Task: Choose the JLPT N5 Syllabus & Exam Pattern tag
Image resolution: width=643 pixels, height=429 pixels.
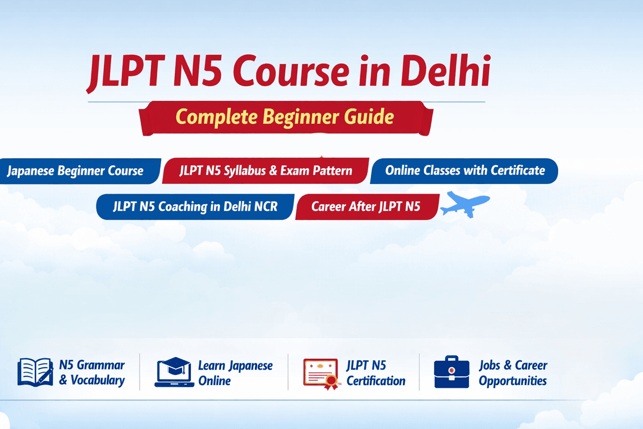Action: (x=266, y=171)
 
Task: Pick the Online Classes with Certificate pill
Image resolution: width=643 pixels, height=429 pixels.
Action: (x=465, y=171)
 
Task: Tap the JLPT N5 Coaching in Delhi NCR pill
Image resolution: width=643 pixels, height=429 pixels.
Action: (x=196, y=206)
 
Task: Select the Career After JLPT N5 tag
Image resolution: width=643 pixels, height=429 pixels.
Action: (x=367, y=206)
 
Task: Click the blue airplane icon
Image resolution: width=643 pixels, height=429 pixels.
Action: (x=464, y=204)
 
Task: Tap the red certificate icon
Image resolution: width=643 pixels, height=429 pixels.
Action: (x=321, y=373)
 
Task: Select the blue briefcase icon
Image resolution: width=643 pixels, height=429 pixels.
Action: (x=452, y=372)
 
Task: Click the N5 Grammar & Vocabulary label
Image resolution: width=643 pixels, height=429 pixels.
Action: (x=92, y=373)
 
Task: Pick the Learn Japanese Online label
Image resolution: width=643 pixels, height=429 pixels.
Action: (x=235, y=373)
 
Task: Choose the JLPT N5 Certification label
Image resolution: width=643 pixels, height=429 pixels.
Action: (x=376, y=373)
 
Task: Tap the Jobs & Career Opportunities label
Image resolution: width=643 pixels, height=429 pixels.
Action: (x=513, y=373)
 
